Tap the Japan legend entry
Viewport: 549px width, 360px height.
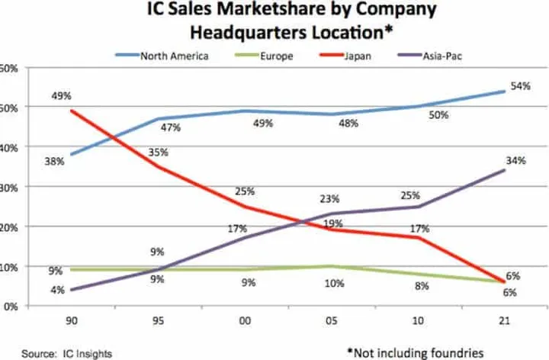coord(352,55)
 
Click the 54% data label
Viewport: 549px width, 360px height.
coord(521,86)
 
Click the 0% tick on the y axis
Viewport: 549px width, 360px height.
coord(8,307)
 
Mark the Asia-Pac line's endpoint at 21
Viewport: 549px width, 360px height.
coord(504,170)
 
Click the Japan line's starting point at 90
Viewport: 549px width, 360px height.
coord(69,111)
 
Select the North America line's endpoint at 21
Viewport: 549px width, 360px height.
coord(504,92)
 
